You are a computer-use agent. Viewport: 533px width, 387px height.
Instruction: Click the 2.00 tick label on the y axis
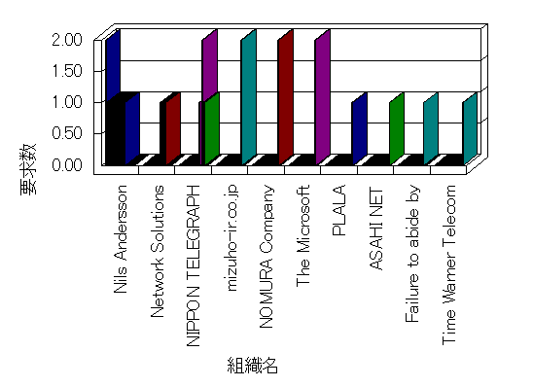(x=67, y=40)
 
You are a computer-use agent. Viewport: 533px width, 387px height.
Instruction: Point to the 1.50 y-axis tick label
(x=67, y=71)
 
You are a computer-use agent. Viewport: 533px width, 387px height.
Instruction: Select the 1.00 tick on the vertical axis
(x=67, y=102)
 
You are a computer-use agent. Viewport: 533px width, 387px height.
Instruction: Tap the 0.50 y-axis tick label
(x=67, y=133)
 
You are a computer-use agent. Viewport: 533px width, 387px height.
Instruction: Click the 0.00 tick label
(x=67, y=164)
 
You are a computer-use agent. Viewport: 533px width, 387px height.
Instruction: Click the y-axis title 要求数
(x=28, y=169)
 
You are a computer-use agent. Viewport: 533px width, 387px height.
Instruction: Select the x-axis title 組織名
(x=253, y=366)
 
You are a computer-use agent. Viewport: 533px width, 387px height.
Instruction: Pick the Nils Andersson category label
(x=121, y=239)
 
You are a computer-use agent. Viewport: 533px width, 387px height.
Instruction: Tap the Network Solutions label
(x=157, y=252)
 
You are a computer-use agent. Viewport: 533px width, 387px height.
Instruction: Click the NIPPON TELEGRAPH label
(x=194, y=266)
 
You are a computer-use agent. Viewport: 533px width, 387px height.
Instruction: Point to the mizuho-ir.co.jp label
(x=231, y=238)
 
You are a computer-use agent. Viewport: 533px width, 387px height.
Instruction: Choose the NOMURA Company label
(x=266, y=257)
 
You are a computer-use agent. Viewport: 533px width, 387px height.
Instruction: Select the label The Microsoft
(x=302, y=236)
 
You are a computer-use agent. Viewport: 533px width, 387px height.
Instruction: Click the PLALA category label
(x=338, y=210)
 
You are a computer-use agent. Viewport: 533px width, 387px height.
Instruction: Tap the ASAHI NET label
(x=375, y=228)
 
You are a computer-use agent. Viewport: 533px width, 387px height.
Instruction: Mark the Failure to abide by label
(x=413, y=254)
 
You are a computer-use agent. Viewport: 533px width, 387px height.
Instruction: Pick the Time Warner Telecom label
(x=449, y=265)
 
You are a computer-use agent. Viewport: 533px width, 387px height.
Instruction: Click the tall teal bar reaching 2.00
(x=249, y=97)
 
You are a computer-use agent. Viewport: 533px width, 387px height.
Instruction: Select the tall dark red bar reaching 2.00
(x=286, y=97)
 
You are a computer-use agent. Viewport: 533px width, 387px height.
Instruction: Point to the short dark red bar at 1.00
(x=173, y=128)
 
